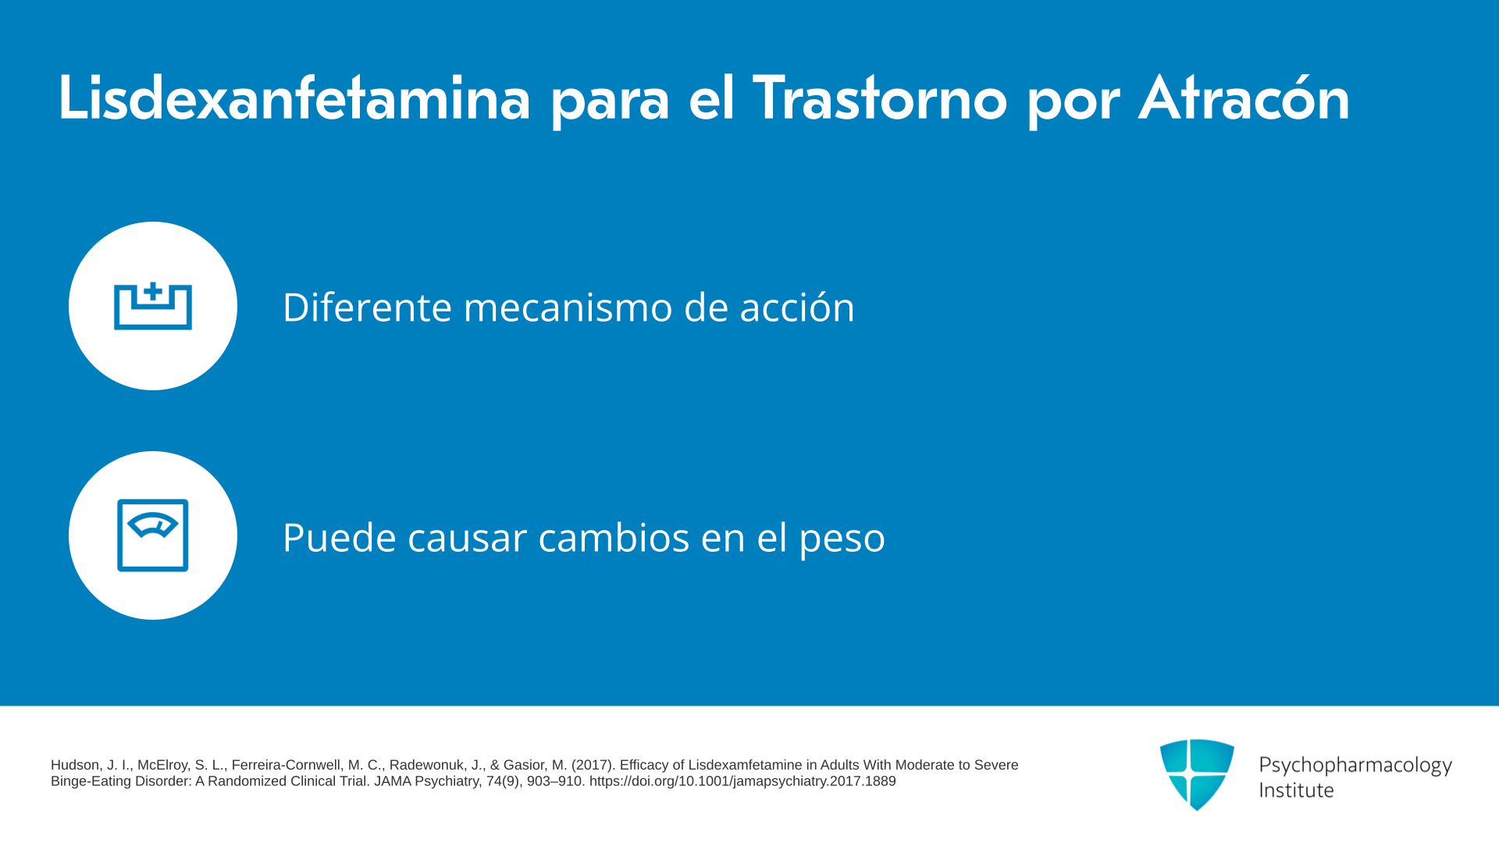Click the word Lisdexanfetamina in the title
point(294,98)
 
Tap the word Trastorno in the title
point(880,98)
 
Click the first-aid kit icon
point(153,306)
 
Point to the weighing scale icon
point(153,535)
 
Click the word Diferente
point(367,307)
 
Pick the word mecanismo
point(568,307)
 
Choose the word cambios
point(614,537)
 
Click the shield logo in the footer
point(1197,774)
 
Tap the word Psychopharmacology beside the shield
point(1355,766)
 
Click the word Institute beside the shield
point(1296,790)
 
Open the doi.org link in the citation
point(742,781)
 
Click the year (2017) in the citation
point(593,765)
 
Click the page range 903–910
point(555,781)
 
